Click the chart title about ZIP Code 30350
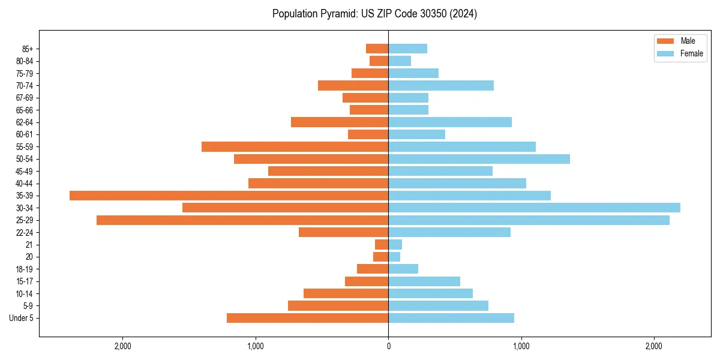374,14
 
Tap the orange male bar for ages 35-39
229,196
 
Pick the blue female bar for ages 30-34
534,208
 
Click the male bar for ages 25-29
242,220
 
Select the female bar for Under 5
451,318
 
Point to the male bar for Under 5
307,318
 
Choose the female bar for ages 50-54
479,159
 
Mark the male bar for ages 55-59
295,146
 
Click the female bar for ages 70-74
441,85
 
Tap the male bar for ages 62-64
340,122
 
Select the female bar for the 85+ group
407,49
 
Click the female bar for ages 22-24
449,232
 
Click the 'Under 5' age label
21,318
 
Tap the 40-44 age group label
25,184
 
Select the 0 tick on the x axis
388,346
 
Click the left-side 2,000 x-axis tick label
122,346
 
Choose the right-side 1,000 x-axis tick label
521,346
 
